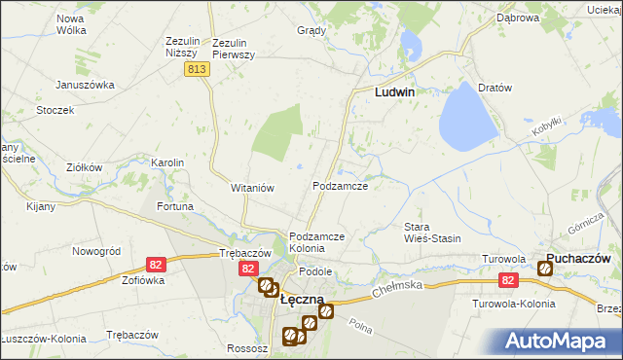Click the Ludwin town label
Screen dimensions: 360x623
(x=396, y=92)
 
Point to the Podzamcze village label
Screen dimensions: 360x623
(x=339, y=186)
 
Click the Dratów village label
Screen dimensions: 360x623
(x=495, y=88)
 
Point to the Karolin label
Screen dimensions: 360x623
(x=167, y=162)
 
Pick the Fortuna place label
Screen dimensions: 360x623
(x=175, y=206)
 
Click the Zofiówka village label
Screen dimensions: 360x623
(x=143, y=279)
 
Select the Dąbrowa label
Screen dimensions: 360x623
(x=518, y=18)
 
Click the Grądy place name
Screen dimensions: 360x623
(x=311, y=30)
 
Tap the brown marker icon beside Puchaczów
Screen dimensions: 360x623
(x=544, y=269)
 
